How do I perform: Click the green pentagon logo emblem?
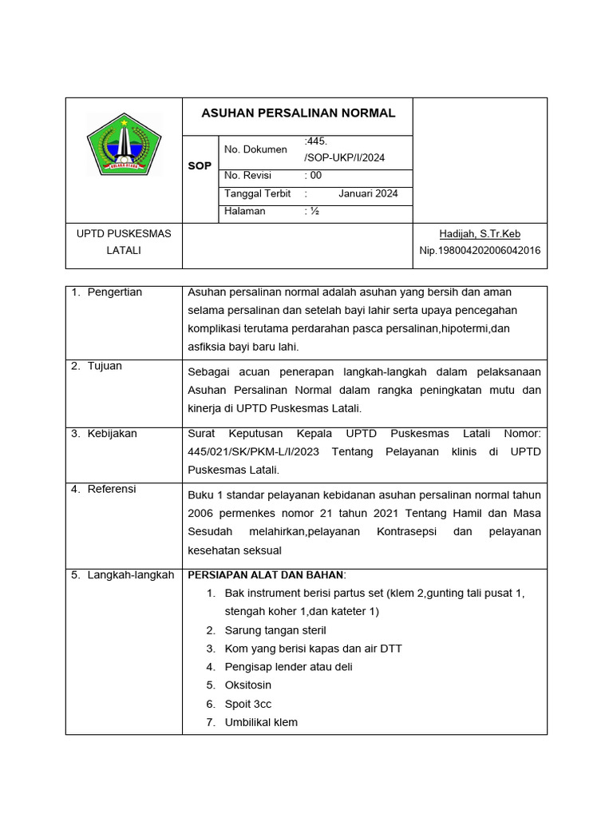click(x=124, y=144)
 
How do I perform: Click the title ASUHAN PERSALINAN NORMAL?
click(x=298, y=113)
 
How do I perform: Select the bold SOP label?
click(x=200, y=166)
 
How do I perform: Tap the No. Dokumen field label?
click(x=255, y=149)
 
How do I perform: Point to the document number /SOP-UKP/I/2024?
click(x=344, y=157)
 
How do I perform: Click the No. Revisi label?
click(x=248, y=176)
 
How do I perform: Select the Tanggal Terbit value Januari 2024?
click(x=368, y=193)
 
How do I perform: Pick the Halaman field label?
click(x=245, y=212)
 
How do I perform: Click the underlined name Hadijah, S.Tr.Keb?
click(x=480, y=233)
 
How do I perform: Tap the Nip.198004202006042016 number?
click(x=480, y=250)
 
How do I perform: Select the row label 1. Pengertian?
click(x=106, y=292)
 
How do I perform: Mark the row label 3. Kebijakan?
click(x=104, y=434)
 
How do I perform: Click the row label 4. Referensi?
click(x=104, y=489)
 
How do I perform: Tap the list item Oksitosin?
click(x=248, y=685)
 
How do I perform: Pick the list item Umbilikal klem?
click(x=261, y=722)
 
